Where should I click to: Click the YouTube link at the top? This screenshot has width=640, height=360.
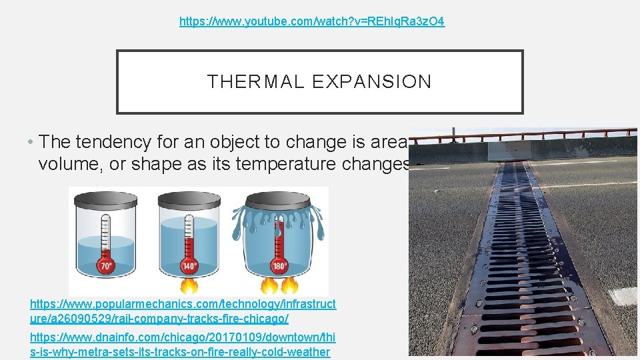312,21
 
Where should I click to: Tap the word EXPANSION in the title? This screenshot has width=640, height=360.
371,82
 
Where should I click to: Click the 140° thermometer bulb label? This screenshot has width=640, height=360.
189,267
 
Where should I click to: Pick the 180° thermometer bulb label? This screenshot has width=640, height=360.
279,267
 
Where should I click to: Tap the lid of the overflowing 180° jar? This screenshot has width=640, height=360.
279,199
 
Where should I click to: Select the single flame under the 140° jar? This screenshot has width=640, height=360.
189,287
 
